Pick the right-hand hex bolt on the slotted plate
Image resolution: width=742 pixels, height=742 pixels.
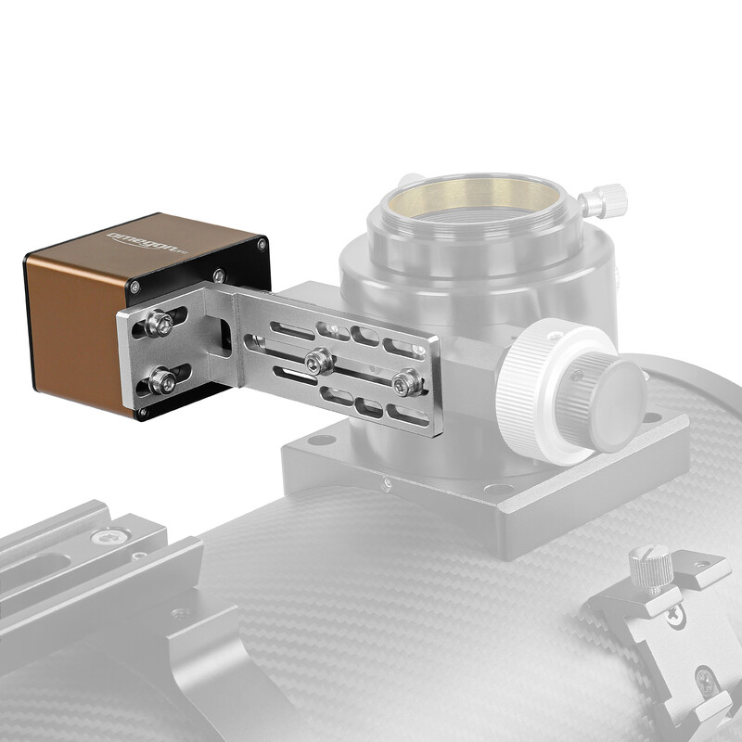coord(406,381)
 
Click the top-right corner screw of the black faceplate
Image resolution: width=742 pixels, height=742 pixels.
coord(262,245)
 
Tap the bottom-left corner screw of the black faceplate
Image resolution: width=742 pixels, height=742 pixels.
coord(142,411)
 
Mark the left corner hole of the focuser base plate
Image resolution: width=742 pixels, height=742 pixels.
coord(323,439)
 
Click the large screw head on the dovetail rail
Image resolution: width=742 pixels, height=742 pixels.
coord(110,536)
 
